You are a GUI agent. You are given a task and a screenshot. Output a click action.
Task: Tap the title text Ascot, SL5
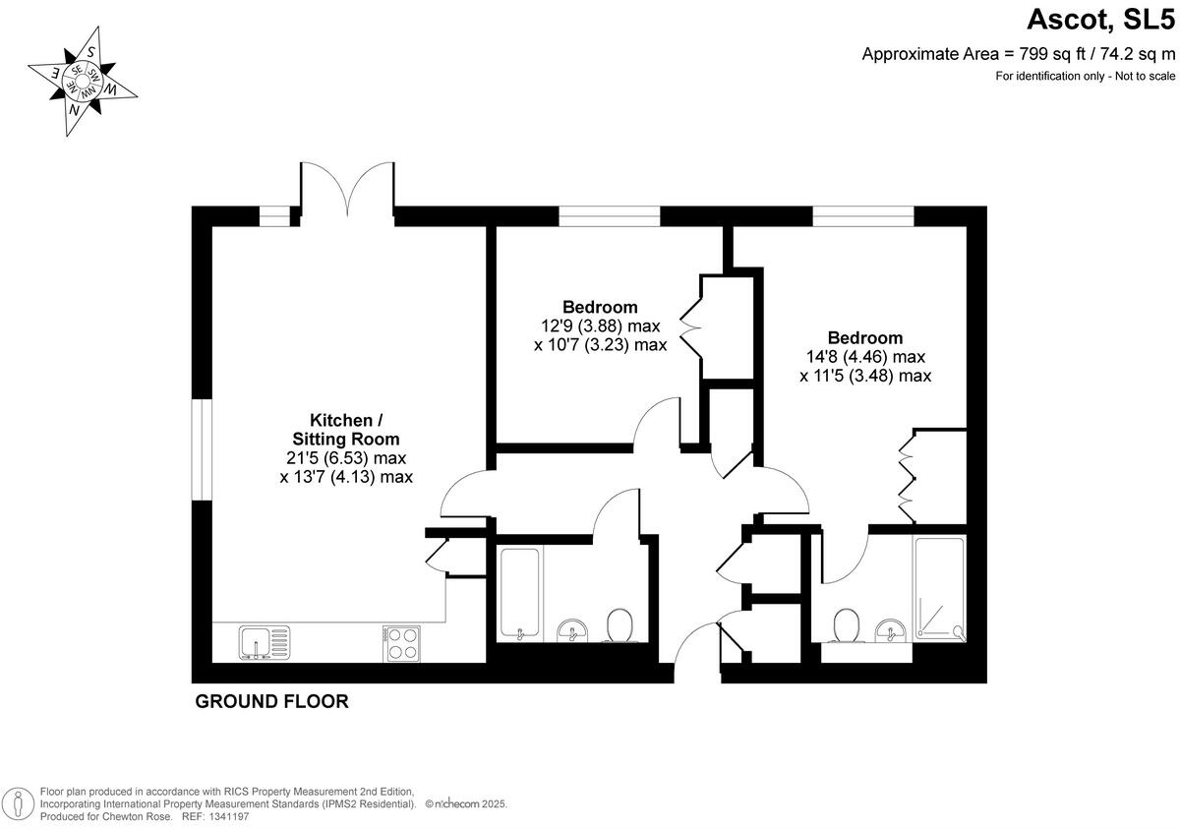tap(1101, 19)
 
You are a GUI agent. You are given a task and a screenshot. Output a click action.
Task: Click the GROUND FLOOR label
tap(272, 701)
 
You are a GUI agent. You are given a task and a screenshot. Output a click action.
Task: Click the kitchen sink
tap(265, 643)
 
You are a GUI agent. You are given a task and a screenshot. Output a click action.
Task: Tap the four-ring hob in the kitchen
tap(401, 643)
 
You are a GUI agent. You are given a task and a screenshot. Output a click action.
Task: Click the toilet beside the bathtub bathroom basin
tap(619, 624)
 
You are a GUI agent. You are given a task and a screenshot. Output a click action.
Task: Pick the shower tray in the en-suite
tap(939, 588)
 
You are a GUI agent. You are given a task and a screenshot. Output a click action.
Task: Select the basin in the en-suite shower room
tap(890, 629)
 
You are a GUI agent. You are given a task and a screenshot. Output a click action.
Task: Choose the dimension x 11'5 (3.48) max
tap(864, 376)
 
